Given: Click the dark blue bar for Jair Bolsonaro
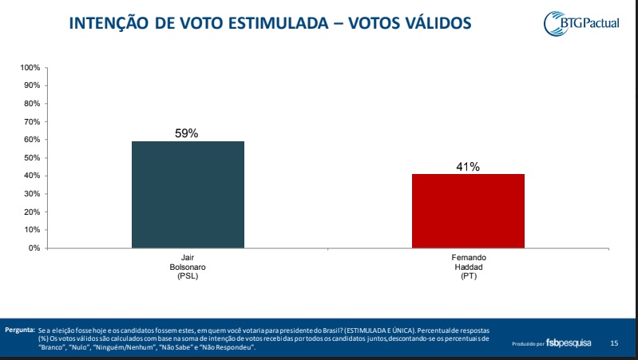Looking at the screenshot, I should pos(188,194).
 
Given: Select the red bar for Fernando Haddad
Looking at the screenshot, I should pos(468,211).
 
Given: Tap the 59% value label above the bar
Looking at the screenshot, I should pos(187,133).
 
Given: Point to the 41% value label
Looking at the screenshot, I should pos(468,166).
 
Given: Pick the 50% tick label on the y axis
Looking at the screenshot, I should pos(34,157).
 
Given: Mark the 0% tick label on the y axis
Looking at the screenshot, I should pos(36,247).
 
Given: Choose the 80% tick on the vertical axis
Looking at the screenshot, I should pos(34,103).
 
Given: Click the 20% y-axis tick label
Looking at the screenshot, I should pos(34,212).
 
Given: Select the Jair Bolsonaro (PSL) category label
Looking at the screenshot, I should pos(188,268).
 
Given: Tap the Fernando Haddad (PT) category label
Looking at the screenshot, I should pos(468,268).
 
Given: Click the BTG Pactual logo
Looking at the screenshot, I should pos(592,23).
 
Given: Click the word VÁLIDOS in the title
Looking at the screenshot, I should pos(436,26).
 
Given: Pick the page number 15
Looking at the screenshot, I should pos(614,343).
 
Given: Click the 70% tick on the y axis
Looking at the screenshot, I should pos(34,121).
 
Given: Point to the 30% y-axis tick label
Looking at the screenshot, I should pos(34,193).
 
